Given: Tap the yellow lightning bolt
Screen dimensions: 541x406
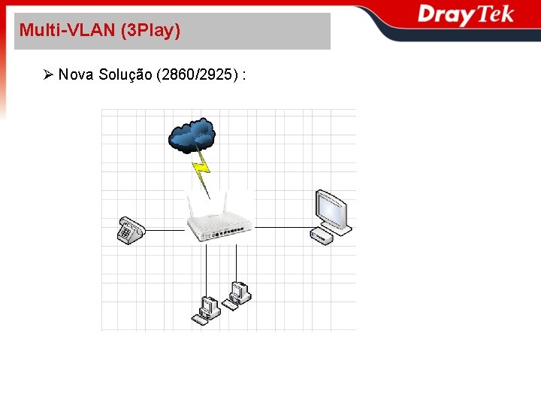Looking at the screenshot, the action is click(x=201, y=170).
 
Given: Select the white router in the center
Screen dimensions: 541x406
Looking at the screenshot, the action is click(x=220, y=226).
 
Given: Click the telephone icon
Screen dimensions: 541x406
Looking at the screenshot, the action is click(x=130, y=229).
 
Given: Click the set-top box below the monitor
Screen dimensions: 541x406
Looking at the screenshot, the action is click(x=322, y=237).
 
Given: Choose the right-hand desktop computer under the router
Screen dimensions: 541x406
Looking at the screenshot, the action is click(x=239, y=293).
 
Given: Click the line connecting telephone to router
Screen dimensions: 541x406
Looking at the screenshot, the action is click(x=165, y=230).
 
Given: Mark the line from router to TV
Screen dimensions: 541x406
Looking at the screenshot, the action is click(x=282, y=226).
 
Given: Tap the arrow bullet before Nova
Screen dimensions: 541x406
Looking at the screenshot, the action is click(x=48, y=74).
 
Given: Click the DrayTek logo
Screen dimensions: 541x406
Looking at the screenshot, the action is click(x=466, y=15).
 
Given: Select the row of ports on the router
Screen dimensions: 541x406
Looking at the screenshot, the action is click(x=229, y=234).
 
